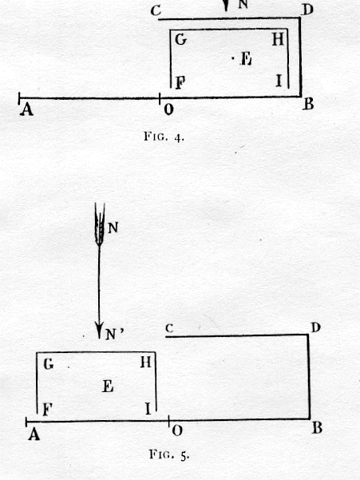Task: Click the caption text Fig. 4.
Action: pyautogui.click(x=164, y=137)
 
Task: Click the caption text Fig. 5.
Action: pyautogui.click(x=169, y=454)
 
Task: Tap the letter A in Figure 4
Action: pyautogui.click(x=26, y=109)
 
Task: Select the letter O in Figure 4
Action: pyautogui.click(x=168, y=109)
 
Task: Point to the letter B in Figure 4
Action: pyautogui.click(x=308, y=104)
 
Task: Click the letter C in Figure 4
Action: pyautogui.click(x=156, y=11)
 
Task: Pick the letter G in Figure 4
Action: pyautogui.click(x=180, y=39)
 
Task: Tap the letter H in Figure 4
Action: pyautogui.click(x=278, y=39)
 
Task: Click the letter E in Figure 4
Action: pyautogui.click(x=246, y=58)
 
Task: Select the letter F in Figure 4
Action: pyautogui.click(x=180, y=82)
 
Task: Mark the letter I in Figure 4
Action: pyautogui.click(x=279, y=81)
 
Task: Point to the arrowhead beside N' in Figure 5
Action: pyautogui.click(x=99, y=330)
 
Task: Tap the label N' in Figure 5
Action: pyautogui.click(x=115, y=335)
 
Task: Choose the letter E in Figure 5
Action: pyautogui.click(x=108, y=387)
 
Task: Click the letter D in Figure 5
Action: pyautogui.click(x=315, y=327)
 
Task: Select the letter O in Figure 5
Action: pyautogui.click(x=177, y=430)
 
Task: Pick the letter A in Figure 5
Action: pyautogui.click(x=34, y=434)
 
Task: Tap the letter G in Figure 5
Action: pyautogui.click(x=49, y=364)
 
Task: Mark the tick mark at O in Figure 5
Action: pyautogui.click(x=168, y=421)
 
